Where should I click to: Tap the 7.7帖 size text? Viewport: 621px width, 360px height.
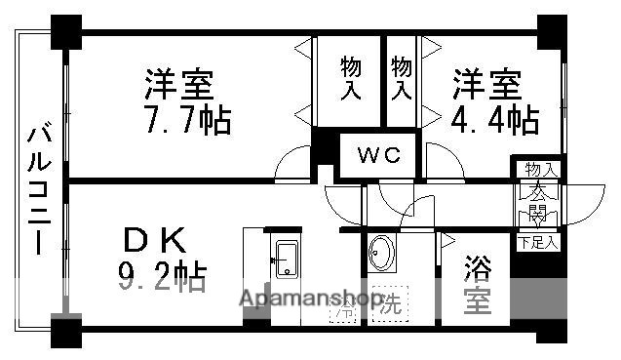187,122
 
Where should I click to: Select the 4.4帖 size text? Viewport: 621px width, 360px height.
494,120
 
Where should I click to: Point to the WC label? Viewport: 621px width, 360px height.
376,154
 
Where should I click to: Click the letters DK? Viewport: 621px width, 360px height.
154,240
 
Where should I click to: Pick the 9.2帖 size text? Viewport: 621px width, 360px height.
162,280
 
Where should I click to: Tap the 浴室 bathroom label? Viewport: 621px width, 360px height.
477,283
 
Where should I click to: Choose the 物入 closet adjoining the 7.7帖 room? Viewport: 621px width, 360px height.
351,79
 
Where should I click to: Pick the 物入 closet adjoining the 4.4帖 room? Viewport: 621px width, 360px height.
402,79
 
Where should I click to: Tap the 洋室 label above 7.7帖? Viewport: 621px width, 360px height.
179,84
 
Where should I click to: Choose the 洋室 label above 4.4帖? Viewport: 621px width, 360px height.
485,84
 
